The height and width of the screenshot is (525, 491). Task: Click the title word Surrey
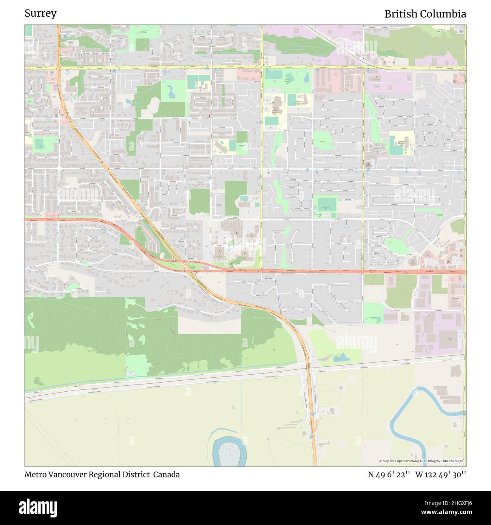tap(40, 14)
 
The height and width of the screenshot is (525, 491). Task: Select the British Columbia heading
tap(425, 14)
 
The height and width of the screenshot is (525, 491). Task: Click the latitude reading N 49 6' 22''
tap(389, 474)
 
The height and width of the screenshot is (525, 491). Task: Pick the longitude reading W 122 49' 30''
tap(440, 474)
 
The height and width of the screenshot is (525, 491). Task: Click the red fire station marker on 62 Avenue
tap(210, 112)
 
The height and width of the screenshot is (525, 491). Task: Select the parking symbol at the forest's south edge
tap(131, 373)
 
